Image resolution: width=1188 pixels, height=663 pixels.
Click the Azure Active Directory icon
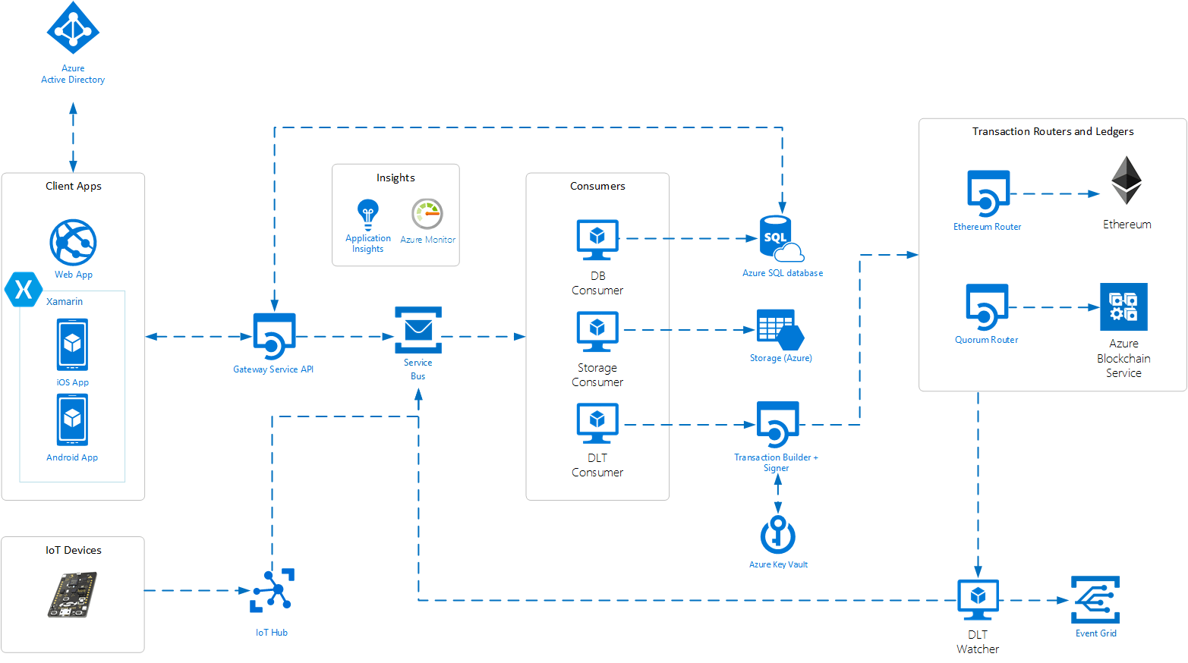coord(73,28)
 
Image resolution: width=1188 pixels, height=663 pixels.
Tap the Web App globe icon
coord(73,243)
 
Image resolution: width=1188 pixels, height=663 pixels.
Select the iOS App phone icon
coord(72,344)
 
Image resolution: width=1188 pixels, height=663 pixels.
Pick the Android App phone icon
coord(72,419)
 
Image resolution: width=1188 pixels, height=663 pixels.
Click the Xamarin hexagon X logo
coord(24,289)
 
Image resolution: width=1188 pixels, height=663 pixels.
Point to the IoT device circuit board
coord(73,595)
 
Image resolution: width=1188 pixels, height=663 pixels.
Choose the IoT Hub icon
coord(272,590)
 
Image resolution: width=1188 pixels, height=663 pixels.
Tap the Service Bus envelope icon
coord(418,330)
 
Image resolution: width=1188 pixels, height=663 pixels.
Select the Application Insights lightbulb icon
coord(368,214)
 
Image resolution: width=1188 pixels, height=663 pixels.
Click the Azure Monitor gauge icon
coord(427,214)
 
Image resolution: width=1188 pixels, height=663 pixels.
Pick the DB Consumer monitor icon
coord(597,240)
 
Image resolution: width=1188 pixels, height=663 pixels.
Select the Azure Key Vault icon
coord(778,535)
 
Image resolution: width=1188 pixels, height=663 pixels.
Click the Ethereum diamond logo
coord(1127,181)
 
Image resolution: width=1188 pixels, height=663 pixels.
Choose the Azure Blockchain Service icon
coord(1123,306)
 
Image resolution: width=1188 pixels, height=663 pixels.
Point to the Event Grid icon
coord(1095,600)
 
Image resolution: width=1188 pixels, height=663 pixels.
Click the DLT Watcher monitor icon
coord(978,600)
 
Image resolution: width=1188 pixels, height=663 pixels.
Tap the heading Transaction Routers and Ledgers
coord(1053,131)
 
